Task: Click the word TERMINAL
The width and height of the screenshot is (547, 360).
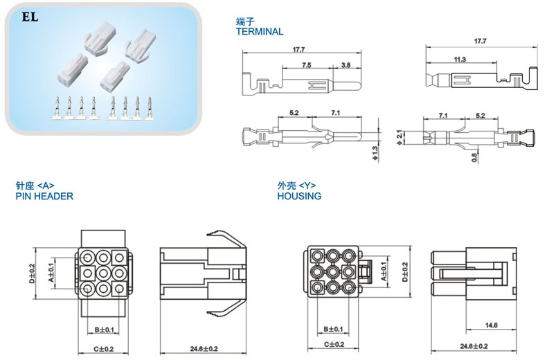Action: [260, 32]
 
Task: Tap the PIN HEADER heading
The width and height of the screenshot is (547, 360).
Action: [44, 196]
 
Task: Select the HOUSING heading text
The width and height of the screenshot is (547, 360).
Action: [299, 196]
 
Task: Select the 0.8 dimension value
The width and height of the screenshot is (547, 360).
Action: [474, 158]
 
